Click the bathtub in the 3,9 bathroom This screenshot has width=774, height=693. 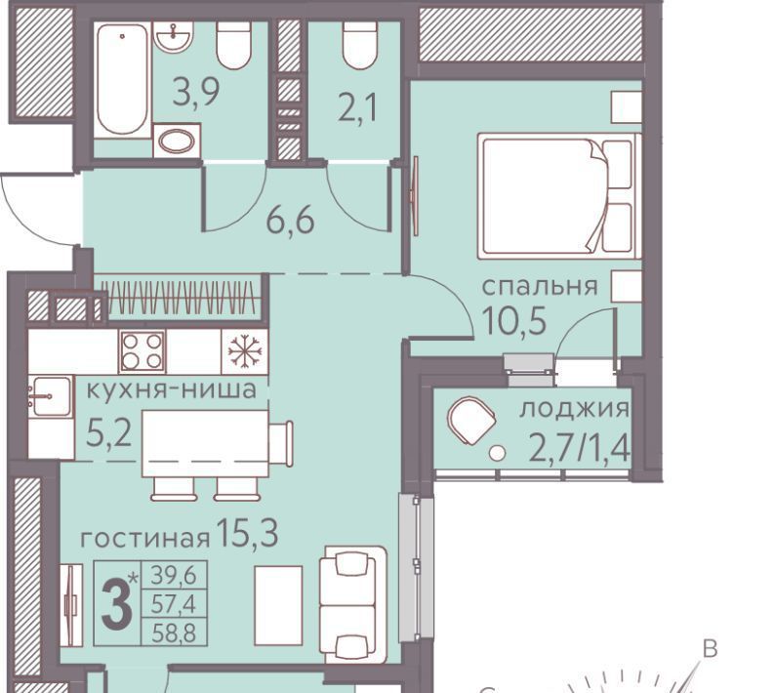(x=122, y=79)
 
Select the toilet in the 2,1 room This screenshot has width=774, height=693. (x=360, y=46)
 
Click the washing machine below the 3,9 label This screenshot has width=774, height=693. (x=177, y=142)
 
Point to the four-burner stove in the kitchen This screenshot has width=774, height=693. (x=143, y=351)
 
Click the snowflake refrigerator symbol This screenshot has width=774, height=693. (x=245, y=351)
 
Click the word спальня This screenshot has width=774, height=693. (x=540, y=287)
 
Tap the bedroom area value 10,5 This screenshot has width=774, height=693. (x=514, y=320)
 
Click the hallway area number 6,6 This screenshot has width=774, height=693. (x=290, y=221)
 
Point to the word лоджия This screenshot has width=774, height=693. (x=575, y=409)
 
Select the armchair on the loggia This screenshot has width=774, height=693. (x=471, y=421)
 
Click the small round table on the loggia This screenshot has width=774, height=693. (x=498, y=452)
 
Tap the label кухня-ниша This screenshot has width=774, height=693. (x=171, y=389)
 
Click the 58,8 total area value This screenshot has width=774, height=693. (x=174, y=632)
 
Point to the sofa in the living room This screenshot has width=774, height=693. (x=352, y=605)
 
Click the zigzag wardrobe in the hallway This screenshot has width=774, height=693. (x=181, y=298)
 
